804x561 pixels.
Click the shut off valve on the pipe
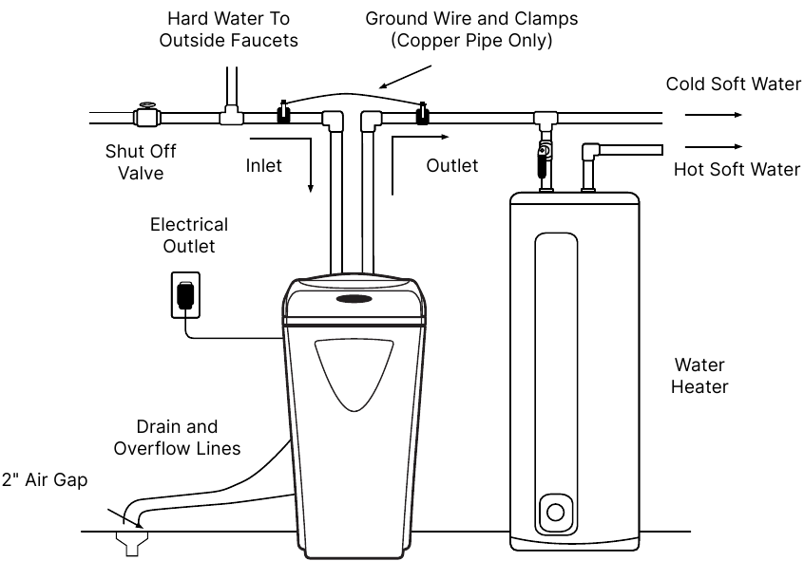pos(145,116)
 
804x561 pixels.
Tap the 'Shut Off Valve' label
pos(141,162)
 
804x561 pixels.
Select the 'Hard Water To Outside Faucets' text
pos(228,29)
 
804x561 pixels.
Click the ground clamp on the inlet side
pos(282,114)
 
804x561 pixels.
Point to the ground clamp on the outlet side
pos(423,114)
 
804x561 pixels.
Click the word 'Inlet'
pos(264,166)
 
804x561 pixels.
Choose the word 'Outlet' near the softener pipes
pos(452,166)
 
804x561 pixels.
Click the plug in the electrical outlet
pos(185,295)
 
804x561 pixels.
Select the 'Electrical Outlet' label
pos(189,235)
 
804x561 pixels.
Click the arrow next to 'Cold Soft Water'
pos(713,114)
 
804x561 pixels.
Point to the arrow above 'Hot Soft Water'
pos(713,147)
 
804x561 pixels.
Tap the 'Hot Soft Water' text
pos(737,170)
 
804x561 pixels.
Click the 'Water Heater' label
pos(699,376)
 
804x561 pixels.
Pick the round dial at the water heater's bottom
pos(554,514)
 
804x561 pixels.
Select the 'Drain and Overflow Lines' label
pos(177,438)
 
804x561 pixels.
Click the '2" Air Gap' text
pos(45,480)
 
